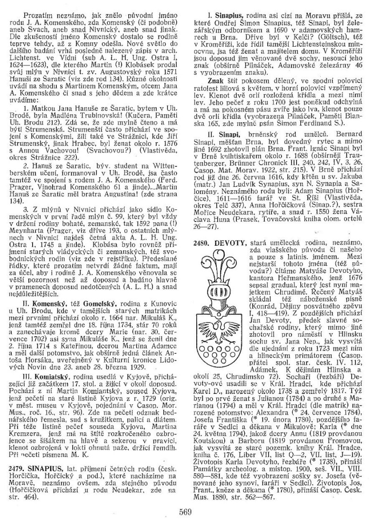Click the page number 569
(x=186, y=512)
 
